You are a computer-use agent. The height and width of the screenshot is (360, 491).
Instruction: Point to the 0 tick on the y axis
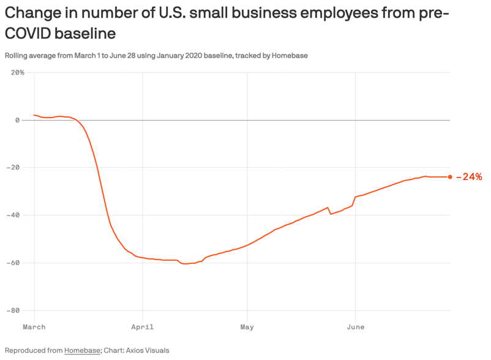click(17, 120)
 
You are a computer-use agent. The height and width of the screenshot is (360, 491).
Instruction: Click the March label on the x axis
click(34, 327)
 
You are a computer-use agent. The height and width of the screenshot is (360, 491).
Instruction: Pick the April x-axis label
click(143, 327)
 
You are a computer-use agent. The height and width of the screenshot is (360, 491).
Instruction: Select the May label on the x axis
click(247, 327)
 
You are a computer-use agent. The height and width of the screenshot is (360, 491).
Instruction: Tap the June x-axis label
click(356, 327)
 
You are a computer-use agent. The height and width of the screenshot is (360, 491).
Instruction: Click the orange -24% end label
click(470, 177)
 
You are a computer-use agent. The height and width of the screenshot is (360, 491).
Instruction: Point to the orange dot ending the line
click(450, 177)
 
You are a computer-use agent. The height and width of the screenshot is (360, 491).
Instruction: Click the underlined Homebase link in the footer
click(82, 351)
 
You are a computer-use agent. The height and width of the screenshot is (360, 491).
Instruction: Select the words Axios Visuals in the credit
click(149, 351)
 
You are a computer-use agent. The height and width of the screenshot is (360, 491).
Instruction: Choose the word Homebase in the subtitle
click(290, 56)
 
